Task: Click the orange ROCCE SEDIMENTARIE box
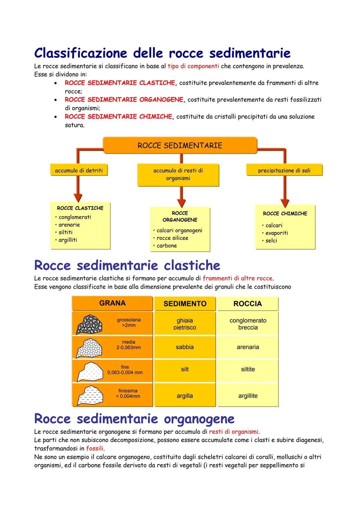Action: pos(180,146)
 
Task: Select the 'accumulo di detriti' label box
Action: pos(79,171)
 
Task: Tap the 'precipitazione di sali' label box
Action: pos(284,171)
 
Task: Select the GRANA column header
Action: pos(112,303)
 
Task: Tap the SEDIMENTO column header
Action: pos(185,304)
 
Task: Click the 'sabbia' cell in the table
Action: pos(185,347)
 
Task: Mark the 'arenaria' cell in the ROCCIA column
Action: pos(248,347)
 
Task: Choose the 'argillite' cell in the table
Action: pos(248,396)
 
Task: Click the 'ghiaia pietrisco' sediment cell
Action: pos(185,324)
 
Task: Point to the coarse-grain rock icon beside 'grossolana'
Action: pos(89,324)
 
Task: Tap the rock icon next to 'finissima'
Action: pos(89,395)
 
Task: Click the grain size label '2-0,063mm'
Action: pos(128,347)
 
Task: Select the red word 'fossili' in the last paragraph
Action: pos(95,449)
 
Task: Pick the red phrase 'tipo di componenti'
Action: pos(193,66)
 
